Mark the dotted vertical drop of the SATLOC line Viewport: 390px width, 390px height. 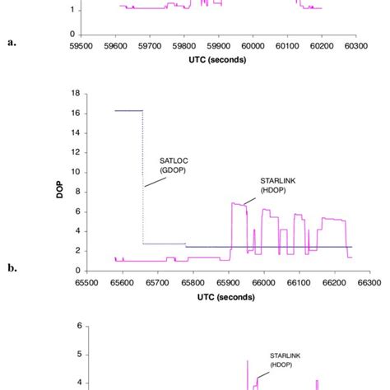(x=143, y=177)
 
